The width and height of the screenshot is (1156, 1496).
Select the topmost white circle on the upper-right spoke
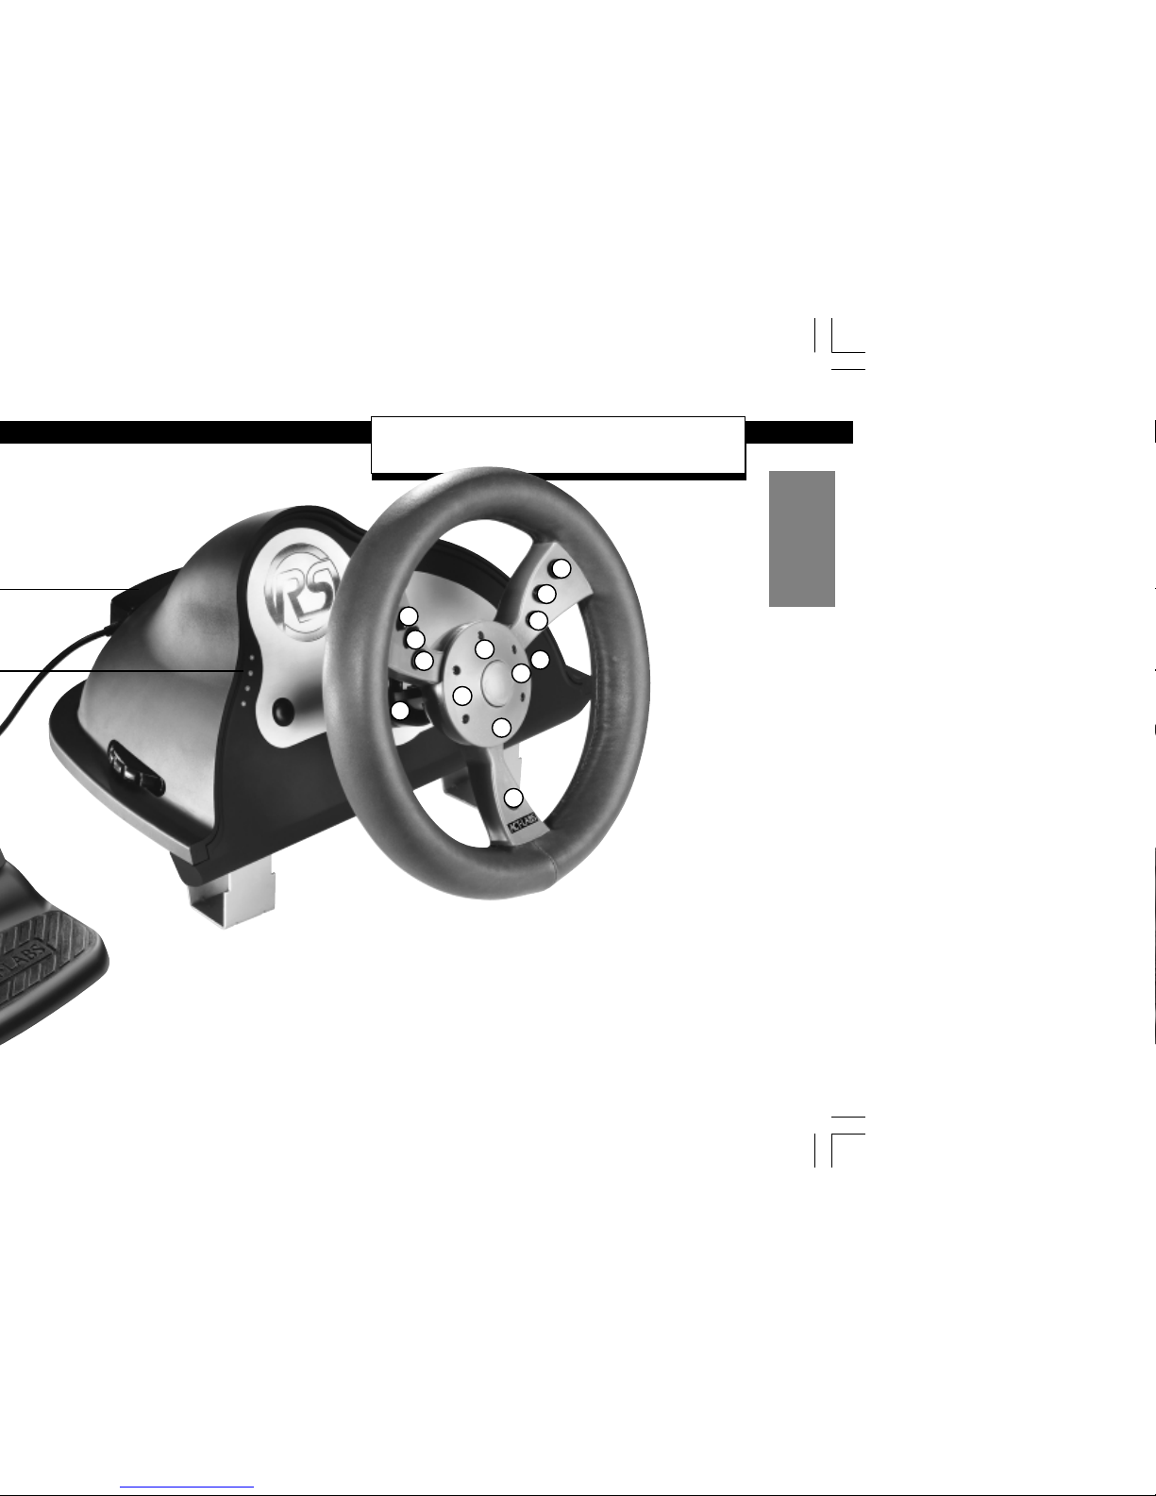pos(561,568)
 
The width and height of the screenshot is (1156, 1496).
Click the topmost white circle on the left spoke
pos(409,615)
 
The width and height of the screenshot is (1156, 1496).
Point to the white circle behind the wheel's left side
pos(401,710)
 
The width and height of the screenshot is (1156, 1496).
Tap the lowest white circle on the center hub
pos(502,728)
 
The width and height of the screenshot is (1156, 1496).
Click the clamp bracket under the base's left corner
pos(236,885)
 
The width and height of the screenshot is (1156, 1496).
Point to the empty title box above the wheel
pos(558,444)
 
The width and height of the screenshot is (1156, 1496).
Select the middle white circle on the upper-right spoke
pos(545,594)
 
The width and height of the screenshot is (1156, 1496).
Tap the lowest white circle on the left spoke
pos(425,660)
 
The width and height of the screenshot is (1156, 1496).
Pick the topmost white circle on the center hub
pos(484,648)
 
